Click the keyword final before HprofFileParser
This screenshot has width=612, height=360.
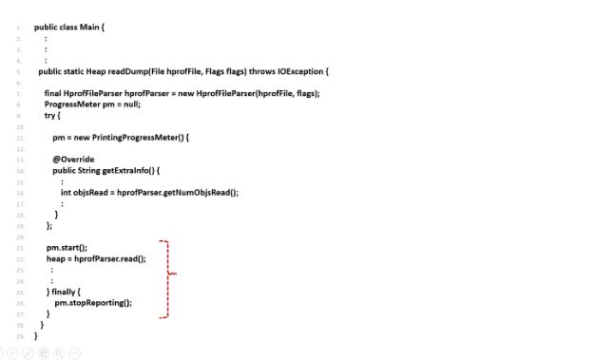pos(52,93)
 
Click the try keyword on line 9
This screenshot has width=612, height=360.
pos(50,115)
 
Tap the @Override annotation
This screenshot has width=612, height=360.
pos(73,159)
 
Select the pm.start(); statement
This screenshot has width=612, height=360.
pos(67,247)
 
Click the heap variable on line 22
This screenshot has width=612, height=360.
pos(55,258)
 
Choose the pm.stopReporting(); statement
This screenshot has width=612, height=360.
pos(93,302)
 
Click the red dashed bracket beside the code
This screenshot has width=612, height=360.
pos(168,276)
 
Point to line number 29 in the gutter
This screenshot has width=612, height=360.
pos(20,335)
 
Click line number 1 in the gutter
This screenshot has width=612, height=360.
pos(20,28)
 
